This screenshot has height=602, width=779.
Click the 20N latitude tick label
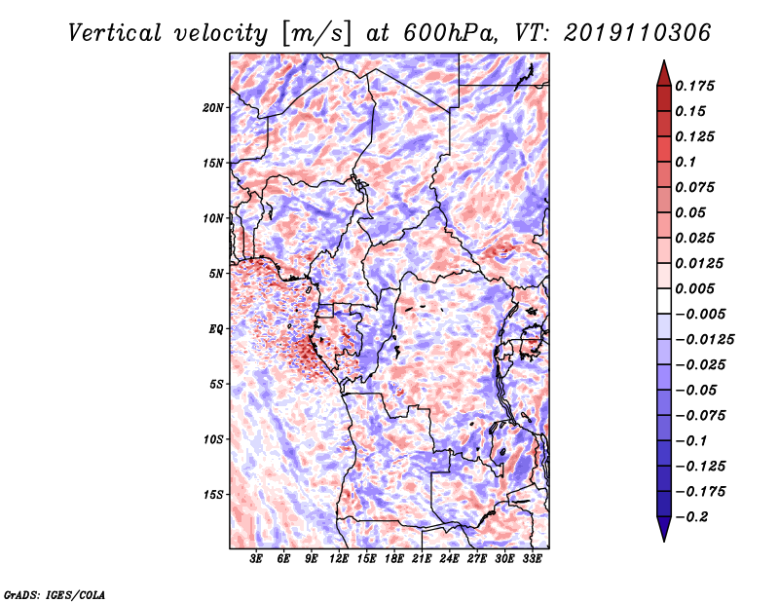213,108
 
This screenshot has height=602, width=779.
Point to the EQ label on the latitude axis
215,329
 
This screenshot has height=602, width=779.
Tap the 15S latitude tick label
213,495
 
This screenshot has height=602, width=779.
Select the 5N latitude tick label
216,274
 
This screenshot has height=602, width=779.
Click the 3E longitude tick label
256,559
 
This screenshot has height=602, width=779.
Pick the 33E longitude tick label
532,559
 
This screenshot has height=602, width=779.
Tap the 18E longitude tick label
394,559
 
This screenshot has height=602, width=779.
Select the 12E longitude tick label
339,559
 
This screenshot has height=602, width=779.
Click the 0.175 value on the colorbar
695,86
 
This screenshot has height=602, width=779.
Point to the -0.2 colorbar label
691,517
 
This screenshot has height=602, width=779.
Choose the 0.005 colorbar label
695,288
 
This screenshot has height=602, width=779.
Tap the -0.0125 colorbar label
704,340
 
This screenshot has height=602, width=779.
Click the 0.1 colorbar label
686,162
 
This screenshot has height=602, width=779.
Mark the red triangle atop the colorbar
664,74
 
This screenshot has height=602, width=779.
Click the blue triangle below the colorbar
664,529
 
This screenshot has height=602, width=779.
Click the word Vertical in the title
115,33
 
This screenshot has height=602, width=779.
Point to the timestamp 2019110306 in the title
638,33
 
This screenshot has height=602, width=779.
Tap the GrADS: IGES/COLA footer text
55,594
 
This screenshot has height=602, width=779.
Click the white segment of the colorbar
664,301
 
